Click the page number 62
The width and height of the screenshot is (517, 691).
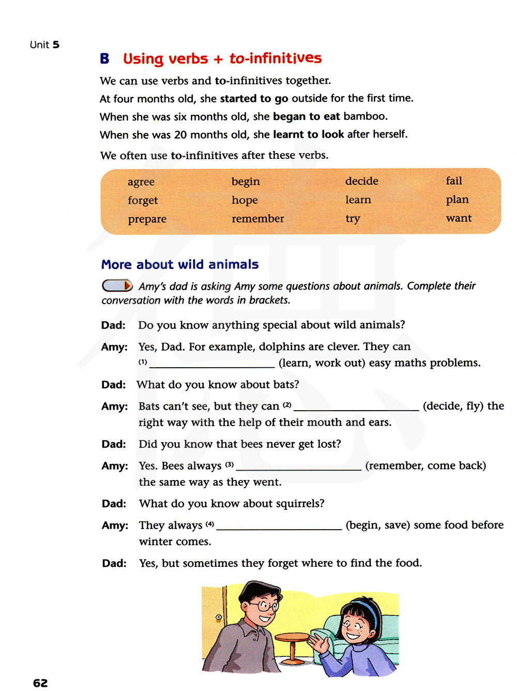(40, 683)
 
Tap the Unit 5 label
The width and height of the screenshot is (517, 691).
(44, 45)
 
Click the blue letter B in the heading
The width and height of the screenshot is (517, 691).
(104, 58)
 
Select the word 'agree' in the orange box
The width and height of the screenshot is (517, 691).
(141, 182)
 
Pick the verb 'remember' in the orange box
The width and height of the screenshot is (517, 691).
(257, 219)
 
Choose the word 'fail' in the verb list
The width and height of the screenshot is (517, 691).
(454, 181)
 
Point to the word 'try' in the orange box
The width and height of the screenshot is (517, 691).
(353, 218)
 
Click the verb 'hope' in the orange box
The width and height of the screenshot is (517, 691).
(245, 200)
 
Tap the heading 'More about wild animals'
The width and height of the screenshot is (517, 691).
(180, 264)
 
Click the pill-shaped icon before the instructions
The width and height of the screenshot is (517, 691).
(117, 286)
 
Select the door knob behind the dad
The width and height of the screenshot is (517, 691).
(219, 617)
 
